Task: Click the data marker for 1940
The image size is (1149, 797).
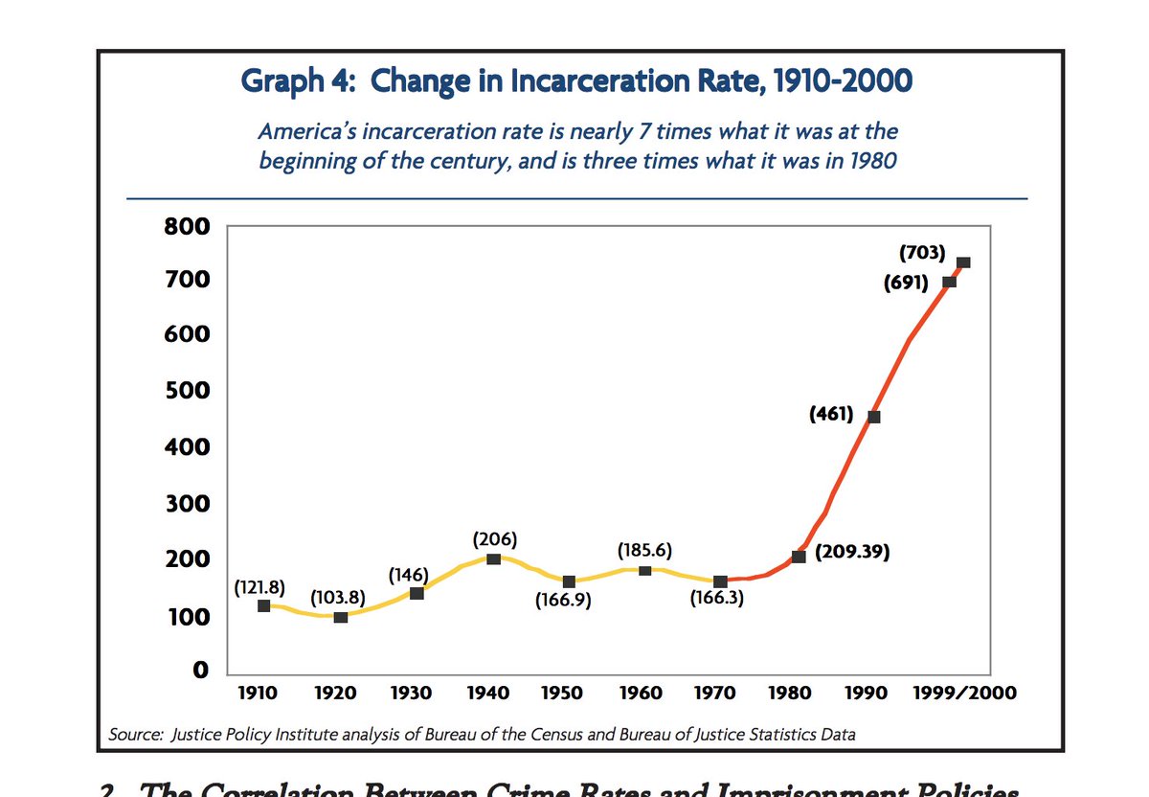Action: click(x=493, y=558)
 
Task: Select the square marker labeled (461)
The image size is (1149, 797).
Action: click(x=873, y=417)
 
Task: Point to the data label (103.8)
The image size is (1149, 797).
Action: click(x=338, y=597)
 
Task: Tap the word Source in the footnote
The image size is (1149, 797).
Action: click(x=136, y=735)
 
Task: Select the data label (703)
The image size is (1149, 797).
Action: click(x=922, y=253)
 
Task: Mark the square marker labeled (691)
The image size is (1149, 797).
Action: click(x=950, y=282)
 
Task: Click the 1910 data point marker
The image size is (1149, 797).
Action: click(x=264, y=605)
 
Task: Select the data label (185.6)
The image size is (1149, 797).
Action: click(x=644, y=551)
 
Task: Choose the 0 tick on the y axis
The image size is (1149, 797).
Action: click(x=201, y=671)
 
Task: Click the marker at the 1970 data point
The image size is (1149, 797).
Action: click(x=721, y=581)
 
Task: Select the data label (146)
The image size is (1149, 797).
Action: click(x=408, y=576)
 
